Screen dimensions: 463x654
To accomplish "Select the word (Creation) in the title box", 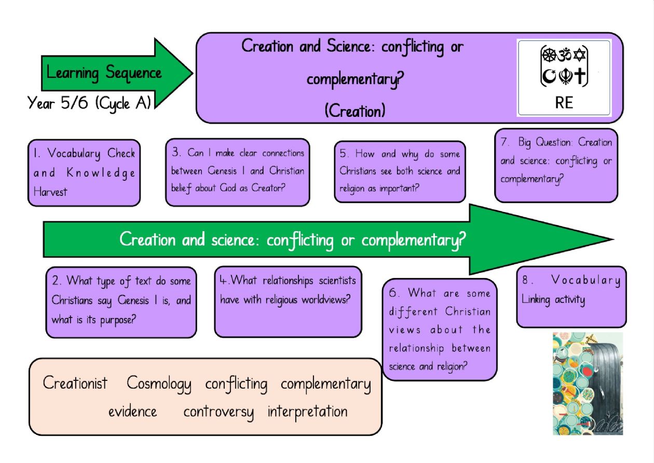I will pos(355,111).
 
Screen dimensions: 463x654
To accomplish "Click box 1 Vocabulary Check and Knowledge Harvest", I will pos(84,173).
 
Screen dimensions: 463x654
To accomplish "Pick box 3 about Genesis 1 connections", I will pos(238,170).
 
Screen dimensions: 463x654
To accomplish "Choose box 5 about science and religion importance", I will pos(400,171).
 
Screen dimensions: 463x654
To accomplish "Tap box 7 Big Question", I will pos(556,161).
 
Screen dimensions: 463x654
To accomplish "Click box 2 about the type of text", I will pos(121,300).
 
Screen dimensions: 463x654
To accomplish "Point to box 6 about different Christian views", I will pos(440,329).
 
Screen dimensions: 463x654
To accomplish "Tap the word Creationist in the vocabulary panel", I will pos(75,383).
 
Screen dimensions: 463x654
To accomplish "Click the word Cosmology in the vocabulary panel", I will pos(159,384).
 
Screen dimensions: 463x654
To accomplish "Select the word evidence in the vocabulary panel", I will pos(132,412).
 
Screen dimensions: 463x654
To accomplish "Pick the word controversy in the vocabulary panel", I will pos(219,412).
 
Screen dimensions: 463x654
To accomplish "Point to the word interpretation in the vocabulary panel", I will pos(307,412).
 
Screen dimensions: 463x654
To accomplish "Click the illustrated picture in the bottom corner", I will pos(588,383).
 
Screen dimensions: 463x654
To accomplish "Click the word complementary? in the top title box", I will pos(355,80).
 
